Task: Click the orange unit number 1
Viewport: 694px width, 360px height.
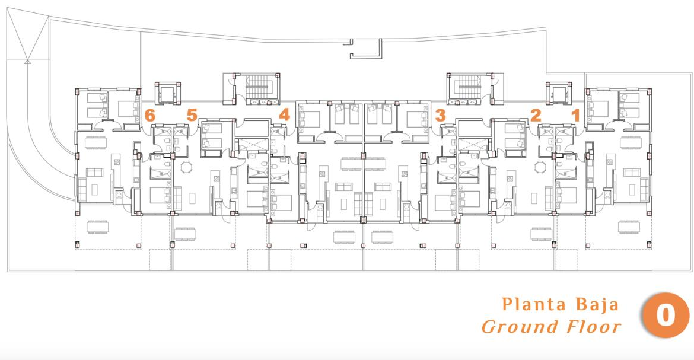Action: [x=575, y=116]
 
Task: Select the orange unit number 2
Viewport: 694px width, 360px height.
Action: [x=536, y=116]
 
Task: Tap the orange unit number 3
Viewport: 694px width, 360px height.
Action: [x=440, y=116]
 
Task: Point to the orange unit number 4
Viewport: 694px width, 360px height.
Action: [x=284, y=114]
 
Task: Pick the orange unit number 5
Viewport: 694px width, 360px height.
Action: [x=192, y=115]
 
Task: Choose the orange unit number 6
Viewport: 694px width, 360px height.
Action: [x=150, y=116]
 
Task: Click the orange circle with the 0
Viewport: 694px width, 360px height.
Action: [x=665, y=316]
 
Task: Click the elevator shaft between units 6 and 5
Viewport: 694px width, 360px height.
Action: [x=168, y=93]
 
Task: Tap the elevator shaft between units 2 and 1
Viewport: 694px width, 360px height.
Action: [x=559, y=93]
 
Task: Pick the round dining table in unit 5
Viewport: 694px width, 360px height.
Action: [x=187, y=168]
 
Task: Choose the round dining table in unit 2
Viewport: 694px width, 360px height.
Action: [x=540, y=168]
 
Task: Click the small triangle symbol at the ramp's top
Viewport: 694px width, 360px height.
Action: [x=27, y=62]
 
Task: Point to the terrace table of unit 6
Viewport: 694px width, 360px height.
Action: [x=98, y=227]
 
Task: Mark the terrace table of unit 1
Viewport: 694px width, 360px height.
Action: [x=629, y=227]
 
